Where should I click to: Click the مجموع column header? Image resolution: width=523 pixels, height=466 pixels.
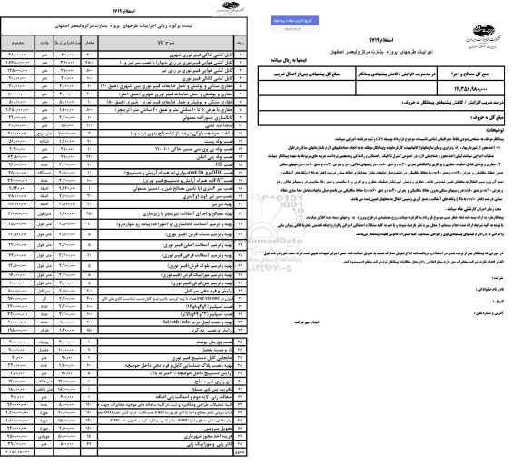click(x=21, y=43)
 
